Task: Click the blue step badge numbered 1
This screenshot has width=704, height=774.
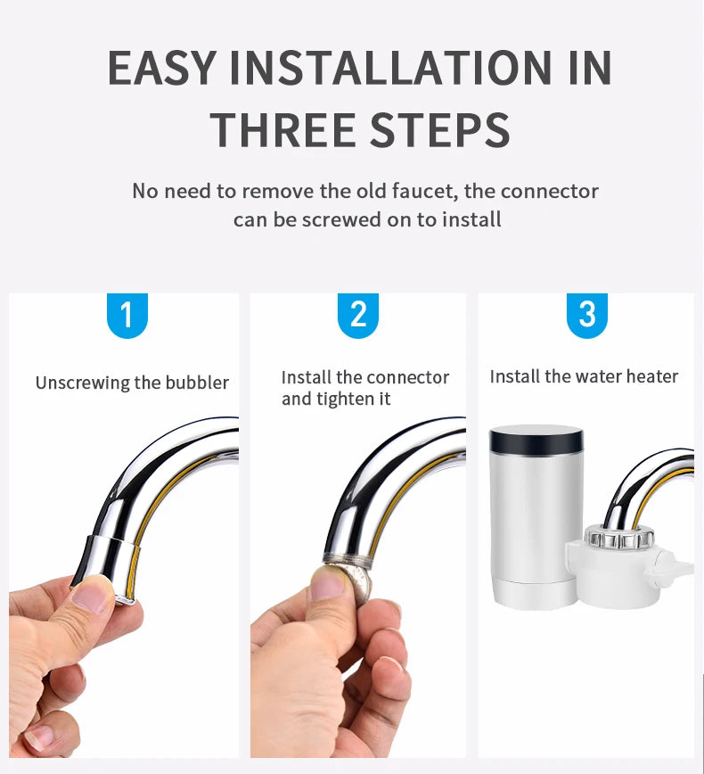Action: point(127,315)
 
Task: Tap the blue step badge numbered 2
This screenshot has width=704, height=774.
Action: point(358,315)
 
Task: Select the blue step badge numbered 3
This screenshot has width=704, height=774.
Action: point(587,315)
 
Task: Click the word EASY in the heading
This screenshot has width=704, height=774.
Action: point(162,67)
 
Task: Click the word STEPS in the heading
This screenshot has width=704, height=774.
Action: point(440,129)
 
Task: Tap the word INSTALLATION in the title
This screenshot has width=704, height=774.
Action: point(389,67)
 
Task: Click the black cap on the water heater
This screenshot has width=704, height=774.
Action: point(536,441)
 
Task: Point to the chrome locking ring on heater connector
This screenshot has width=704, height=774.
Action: point(619,537)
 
